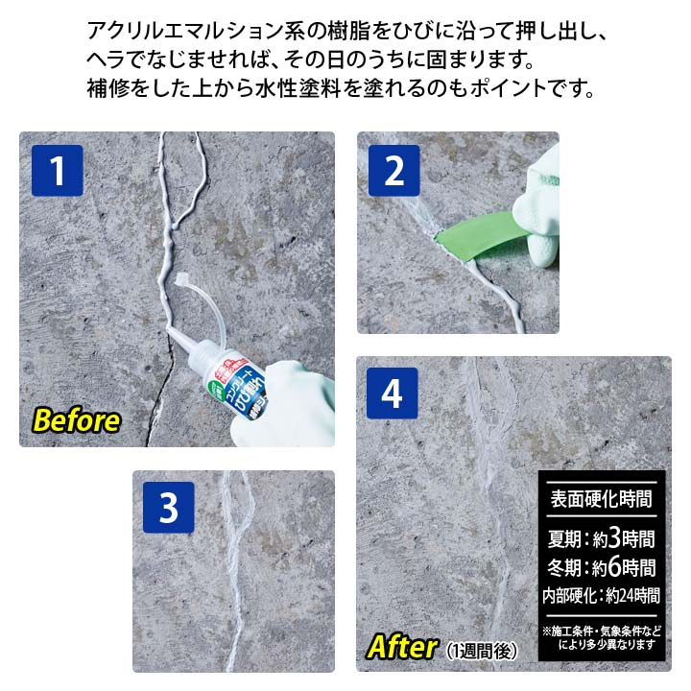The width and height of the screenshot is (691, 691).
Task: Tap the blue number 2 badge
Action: tap(393, 171)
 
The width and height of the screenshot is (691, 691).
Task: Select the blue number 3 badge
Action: tap(169, 508)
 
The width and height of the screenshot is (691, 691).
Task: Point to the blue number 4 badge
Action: tap(392, 393)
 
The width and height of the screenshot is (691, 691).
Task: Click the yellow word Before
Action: tap(77, 420)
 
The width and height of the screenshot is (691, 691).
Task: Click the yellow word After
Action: tap(401, 646)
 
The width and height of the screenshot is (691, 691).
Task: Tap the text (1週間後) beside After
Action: tap(482, 650)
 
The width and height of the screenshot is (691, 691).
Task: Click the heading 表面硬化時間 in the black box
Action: tap(601, 500)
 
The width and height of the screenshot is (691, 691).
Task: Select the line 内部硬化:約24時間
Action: tap(601, 595)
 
